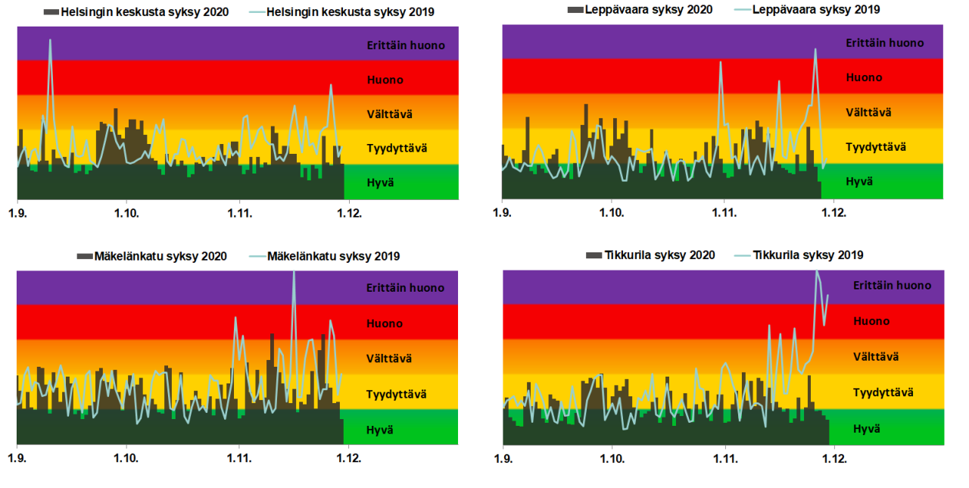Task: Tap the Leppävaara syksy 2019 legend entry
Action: click(808, 9)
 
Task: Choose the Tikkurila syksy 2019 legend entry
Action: click(808, 255)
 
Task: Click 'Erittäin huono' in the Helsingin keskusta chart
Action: click(406, 45)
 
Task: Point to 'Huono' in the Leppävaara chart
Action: click(864, 77)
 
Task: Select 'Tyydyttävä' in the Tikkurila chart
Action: click(883, 393)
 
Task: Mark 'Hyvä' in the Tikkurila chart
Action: click(867, 429)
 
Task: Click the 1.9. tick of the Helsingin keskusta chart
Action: click(17, 214)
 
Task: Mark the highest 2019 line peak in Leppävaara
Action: click(815, 49)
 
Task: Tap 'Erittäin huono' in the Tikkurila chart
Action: click(892, 286)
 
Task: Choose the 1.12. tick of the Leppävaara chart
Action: click(834, 214)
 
